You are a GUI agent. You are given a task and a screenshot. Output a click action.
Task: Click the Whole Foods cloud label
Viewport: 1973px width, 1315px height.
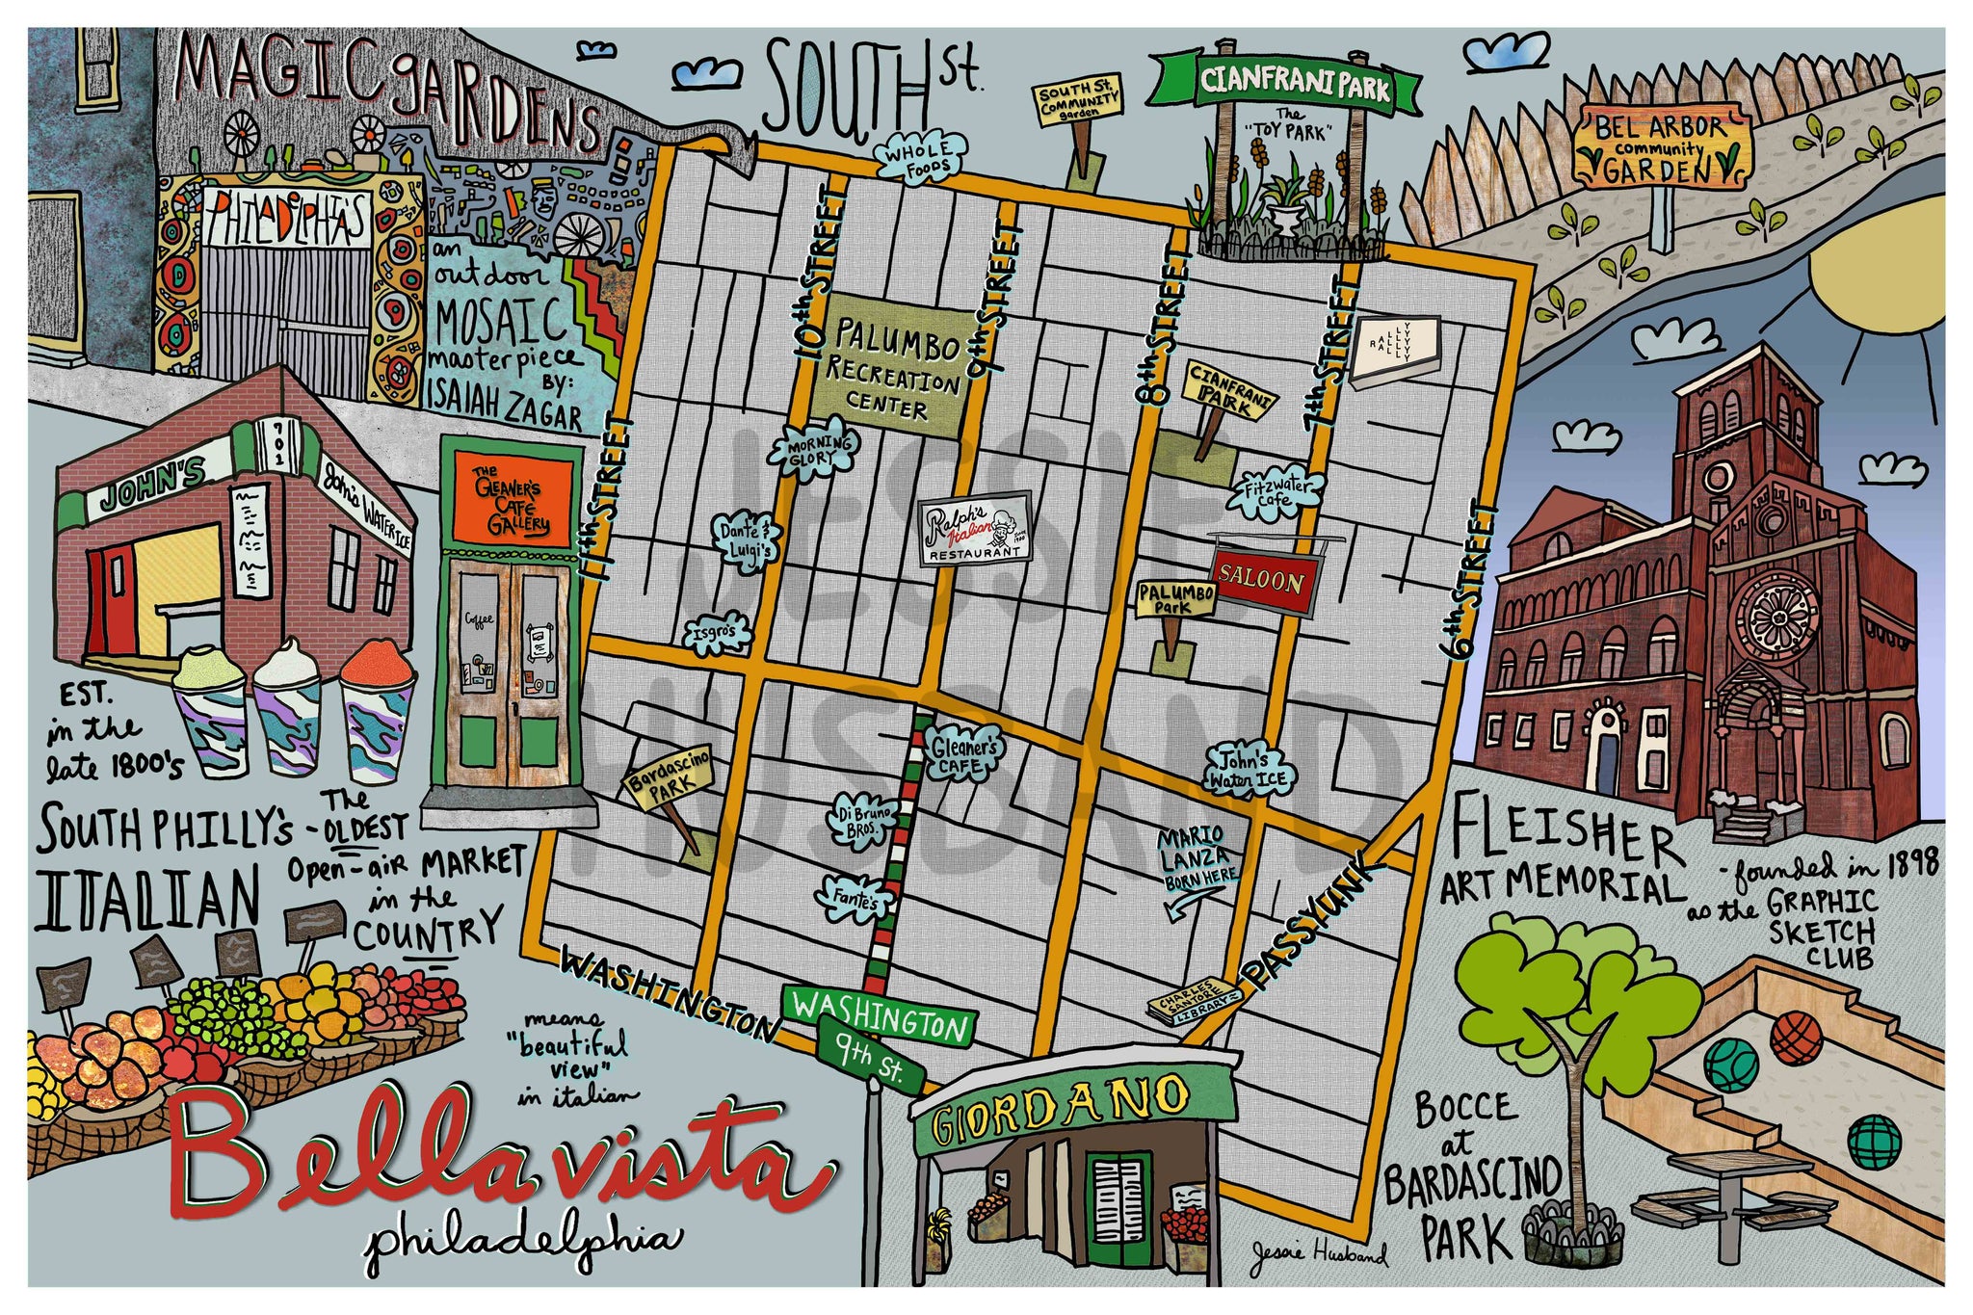pyautogui.click(x=918, y=158)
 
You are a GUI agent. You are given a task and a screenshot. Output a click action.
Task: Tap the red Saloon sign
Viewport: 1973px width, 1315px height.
pyautogui.click(x=1262, y=581)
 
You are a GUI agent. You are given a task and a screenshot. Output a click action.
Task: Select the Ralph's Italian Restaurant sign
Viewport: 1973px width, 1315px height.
pyautogui.click(x=975, y=529)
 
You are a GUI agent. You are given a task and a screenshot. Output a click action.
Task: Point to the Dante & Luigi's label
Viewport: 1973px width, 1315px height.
pyautogui.click(x=747, y=539)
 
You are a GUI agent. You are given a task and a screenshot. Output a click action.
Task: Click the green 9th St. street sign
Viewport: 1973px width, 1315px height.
pyautogui.click(x=870, y=1057)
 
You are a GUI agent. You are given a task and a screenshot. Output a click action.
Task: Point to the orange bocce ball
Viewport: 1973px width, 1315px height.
pyautogui.click(x=1795, y=1038)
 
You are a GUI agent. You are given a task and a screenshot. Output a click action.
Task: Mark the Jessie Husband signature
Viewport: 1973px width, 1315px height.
pyautogui.click(x=1320, y=1252)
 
